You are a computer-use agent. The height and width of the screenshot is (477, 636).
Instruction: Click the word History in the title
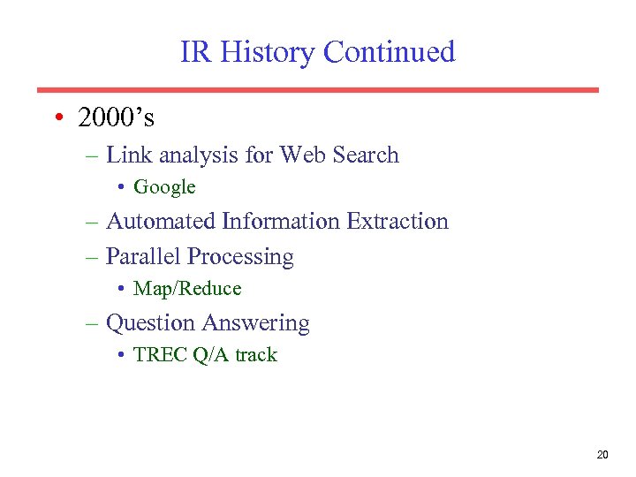268,52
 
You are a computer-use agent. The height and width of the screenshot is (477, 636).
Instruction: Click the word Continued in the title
390,52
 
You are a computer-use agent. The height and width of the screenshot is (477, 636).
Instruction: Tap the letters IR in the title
196,52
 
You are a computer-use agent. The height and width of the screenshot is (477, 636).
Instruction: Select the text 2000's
115,117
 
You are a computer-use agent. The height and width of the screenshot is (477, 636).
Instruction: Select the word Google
164,187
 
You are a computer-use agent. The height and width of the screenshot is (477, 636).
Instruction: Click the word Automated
161,221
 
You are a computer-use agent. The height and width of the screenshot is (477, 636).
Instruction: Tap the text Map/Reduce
187,289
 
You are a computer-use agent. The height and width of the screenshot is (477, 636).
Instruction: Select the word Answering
256,324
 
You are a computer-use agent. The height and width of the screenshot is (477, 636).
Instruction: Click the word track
256,355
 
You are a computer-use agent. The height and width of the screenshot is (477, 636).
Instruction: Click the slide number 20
602,455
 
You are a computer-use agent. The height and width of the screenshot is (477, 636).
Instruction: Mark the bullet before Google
121,187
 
